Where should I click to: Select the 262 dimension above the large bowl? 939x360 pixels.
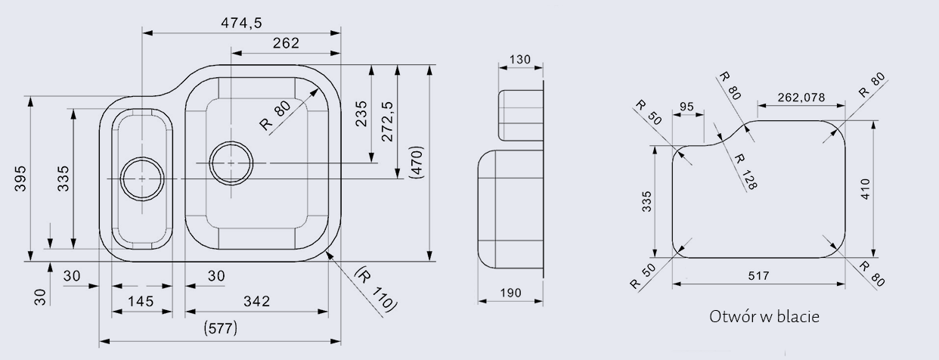coord(286,43)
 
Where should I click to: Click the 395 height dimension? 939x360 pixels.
coord(20,178)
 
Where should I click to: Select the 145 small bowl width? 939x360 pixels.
coord(141,301)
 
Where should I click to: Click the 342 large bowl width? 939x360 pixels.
coord(257,301)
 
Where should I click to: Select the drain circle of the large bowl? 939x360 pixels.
coord(231,163)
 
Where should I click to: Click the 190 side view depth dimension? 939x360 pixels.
coord(511,293)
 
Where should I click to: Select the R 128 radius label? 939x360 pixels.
coord(745,171)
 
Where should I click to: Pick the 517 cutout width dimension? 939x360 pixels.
coord(757,276)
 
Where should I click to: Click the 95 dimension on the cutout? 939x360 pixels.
coord(686,107)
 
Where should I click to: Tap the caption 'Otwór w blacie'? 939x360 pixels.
coord(764,317)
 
